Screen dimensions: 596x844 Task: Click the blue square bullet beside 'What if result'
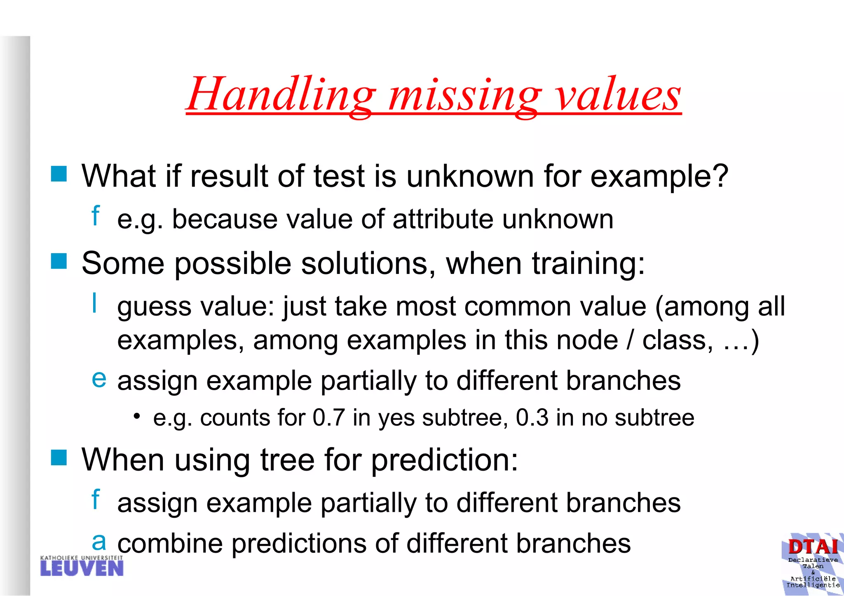(x=59, y=174)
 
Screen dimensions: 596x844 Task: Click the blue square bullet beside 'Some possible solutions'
(x=59, y=261)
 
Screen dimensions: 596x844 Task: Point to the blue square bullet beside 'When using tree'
(x=59, y=457)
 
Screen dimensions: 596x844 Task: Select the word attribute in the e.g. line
(x=443, y=219)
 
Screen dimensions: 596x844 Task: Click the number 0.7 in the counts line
(x=328, y=418)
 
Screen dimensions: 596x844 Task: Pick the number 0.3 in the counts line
(x=532, y=418)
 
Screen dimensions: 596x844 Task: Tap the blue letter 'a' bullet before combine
(x=99, y=542)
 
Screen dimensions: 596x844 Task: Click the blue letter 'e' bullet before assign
(x=99, y=379)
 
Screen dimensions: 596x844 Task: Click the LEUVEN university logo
(x=82, y=566)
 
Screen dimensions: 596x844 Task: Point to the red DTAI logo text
(x=813, y=547)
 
